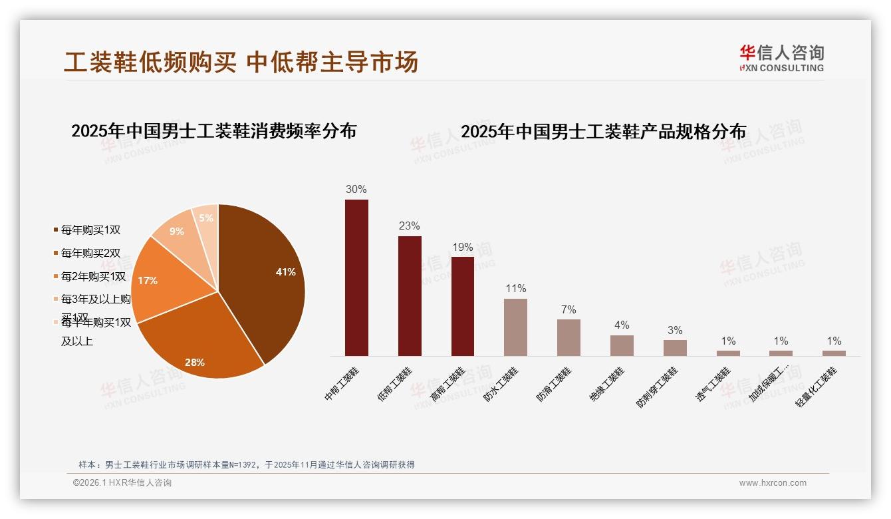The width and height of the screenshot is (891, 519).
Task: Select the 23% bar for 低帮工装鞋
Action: pos(410,296)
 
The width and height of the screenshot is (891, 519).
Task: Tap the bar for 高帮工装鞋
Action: pos(463,306)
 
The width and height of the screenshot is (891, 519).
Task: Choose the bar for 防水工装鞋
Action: pos(515,327)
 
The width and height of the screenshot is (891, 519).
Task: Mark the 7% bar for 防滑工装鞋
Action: pos(569,337)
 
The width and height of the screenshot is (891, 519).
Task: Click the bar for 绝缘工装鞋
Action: pos(622,345)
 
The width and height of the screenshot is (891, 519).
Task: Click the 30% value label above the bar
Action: pos(356,189)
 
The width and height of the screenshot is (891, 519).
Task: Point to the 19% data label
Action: pos(463,247)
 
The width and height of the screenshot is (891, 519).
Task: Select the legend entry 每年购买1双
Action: pos(90,230)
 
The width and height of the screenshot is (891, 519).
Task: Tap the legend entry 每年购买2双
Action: pos(90,253)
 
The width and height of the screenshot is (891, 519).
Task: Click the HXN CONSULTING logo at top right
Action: pos(781,58)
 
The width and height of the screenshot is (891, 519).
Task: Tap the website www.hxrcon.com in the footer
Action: pos(773,483)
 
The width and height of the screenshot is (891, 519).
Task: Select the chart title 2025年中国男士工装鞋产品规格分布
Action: pos(604,132)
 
